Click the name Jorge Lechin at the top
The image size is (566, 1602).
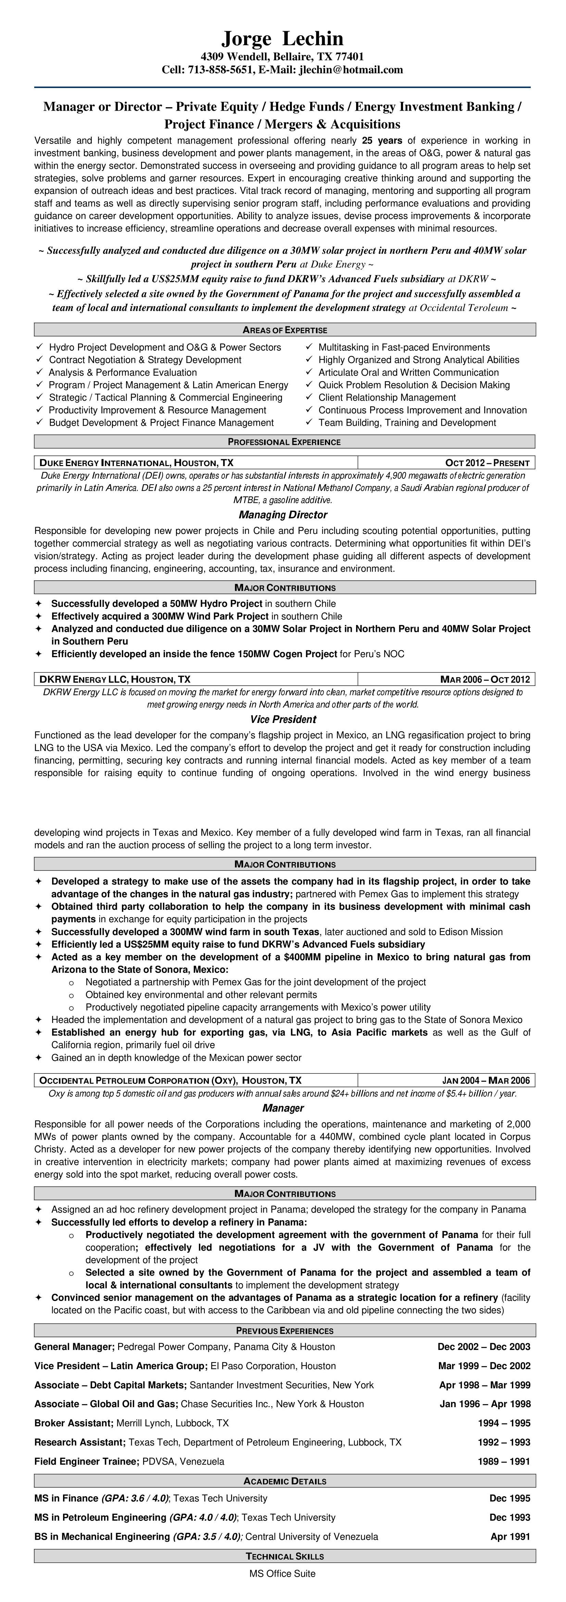(282, 39)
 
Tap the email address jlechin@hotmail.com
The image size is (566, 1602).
(351, 70)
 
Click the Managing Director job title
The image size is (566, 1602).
(282, 515)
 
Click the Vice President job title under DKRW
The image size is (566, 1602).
(283, 719)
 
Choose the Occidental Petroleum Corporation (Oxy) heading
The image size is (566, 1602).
(170, 1080)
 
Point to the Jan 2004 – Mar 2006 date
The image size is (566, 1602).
(486, 1080)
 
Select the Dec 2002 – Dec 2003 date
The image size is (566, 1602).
(484, 1347)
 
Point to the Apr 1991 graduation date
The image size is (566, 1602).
(510, 1537)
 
